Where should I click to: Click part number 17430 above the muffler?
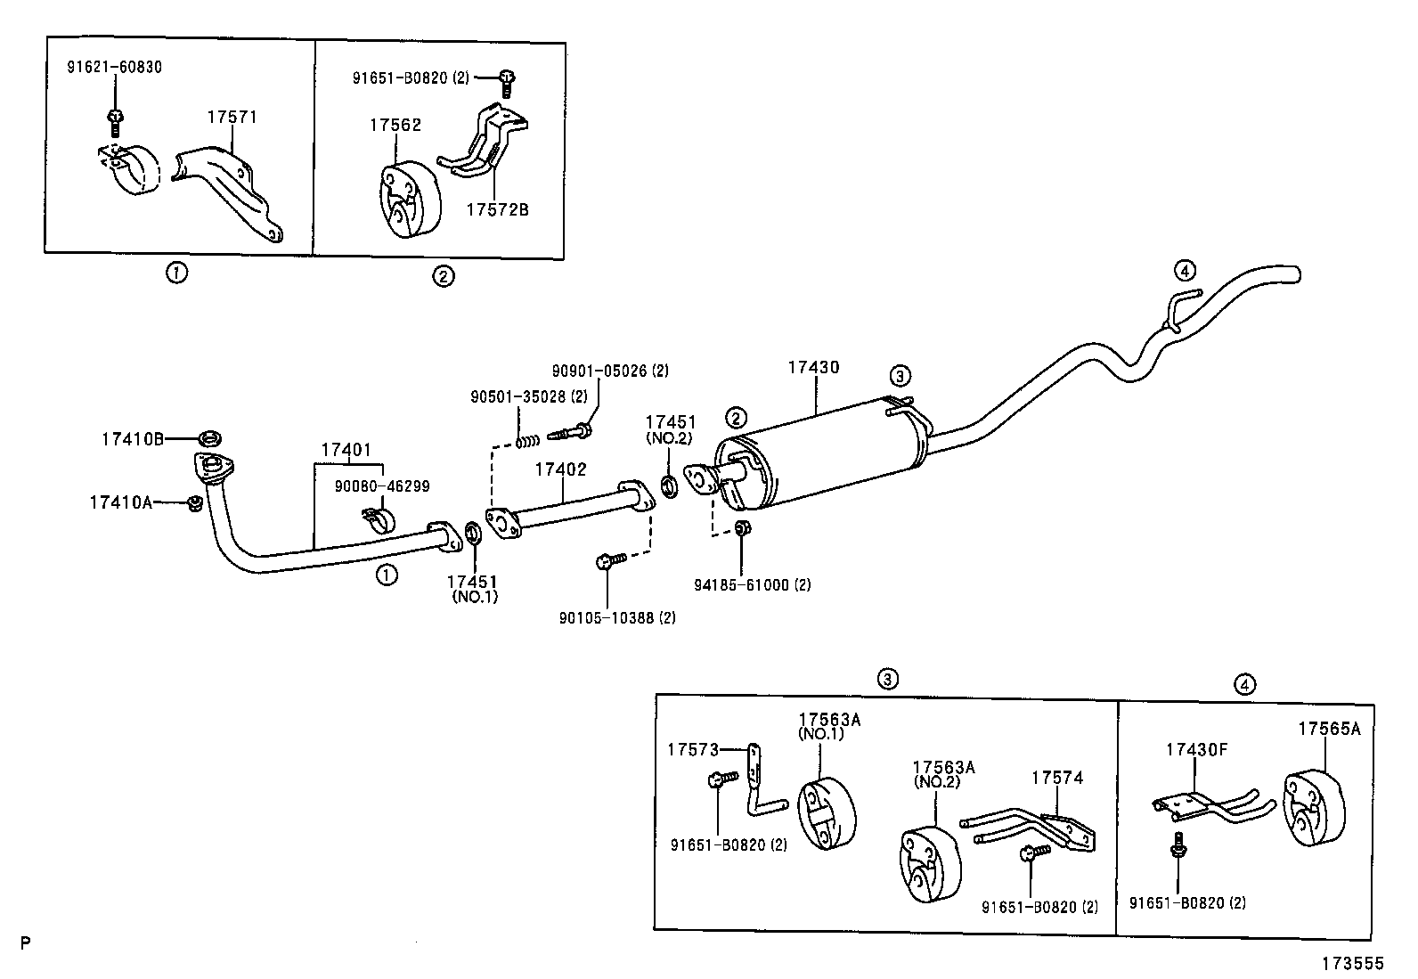point(813,367)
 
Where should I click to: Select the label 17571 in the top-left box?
point(232,117)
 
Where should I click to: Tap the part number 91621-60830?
point(115,67)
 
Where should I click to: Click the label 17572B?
point(497,209)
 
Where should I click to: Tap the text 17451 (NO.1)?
point(473,588)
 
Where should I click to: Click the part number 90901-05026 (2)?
point(610,370)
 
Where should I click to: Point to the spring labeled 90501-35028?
point(528,440)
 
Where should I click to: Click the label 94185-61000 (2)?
point(752,585)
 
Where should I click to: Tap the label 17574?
point(1057,778)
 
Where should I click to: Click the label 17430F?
point(1196,749)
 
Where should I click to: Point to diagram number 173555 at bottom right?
point(1353,963)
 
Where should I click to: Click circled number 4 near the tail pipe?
point(1183,270)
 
